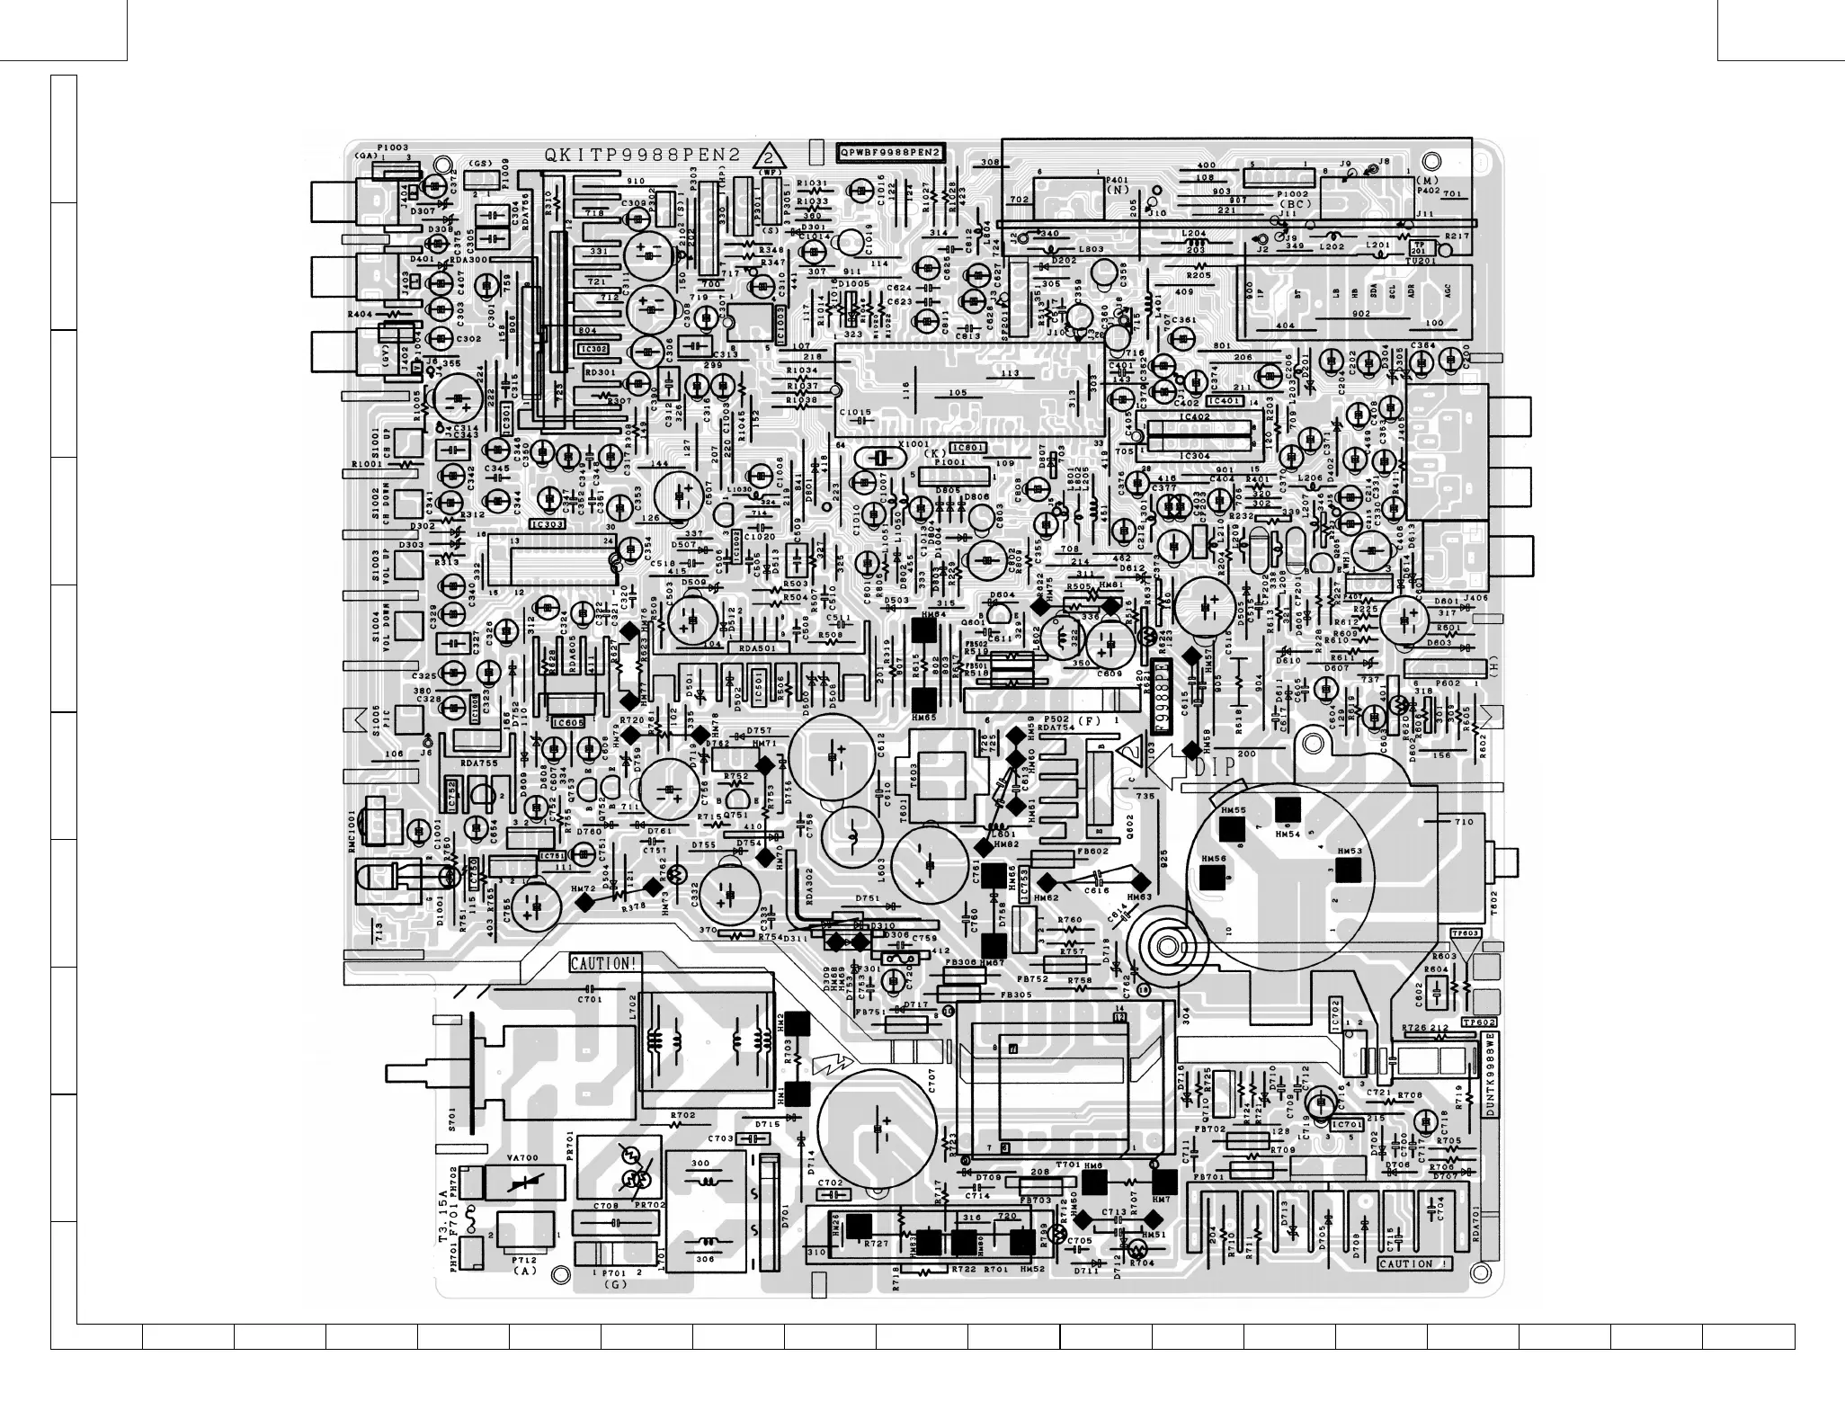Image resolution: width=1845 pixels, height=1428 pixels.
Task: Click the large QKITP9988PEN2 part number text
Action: [x=642, y=155]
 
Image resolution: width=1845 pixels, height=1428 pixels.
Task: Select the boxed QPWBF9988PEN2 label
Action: [x=890, y=153]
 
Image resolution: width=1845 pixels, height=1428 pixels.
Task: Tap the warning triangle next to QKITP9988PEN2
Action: [x=769, y=156]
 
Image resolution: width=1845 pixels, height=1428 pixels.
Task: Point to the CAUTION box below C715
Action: [x=1414, y=1263]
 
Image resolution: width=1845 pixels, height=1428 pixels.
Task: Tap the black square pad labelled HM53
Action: [x=1347, y=870]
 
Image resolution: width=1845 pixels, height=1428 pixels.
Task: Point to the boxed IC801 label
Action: [x=968, y=447]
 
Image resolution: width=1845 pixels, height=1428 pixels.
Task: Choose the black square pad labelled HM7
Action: [x=1163, y=1182]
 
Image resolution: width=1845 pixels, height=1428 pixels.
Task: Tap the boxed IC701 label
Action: [x=1346, y=1124]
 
